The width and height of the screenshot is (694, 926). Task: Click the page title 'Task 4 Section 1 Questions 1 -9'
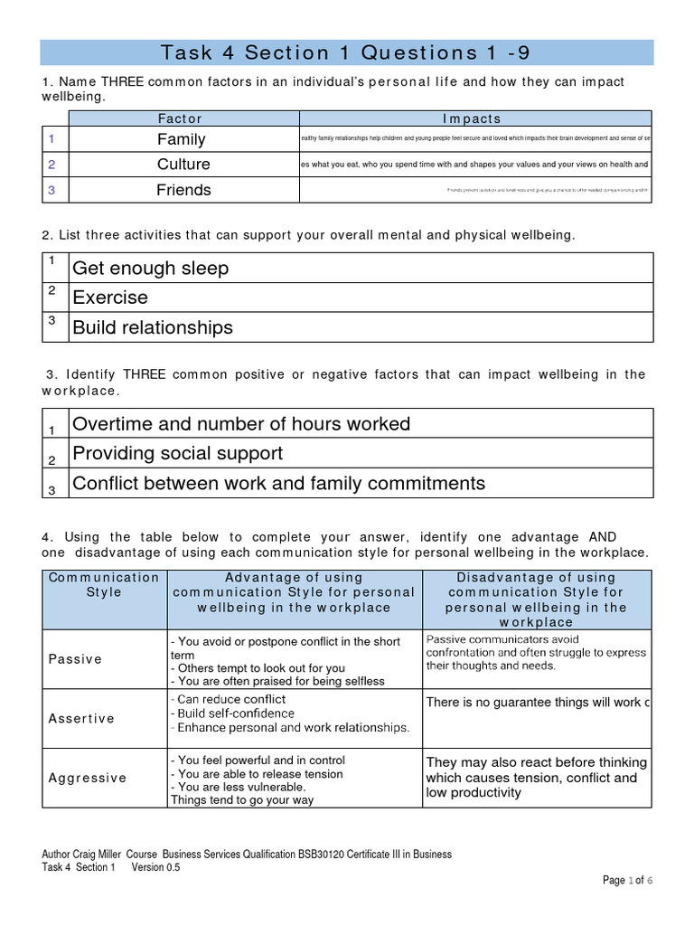pos(345,52)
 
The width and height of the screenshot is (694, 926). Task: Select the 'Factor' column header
pos(180,118)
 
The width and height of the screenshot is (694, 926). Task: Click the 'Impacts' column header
pos(472,118)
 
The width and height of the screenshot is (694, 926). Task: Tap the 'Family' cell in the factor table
pos(181,139)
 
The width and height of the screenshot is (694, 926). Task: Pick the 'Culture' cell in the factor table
pos(183,165)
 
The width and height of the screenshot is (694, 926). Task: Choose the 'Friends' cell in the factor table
pos(183,190)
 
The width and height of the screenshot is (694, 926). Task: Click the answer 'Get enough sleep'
pos(150,269)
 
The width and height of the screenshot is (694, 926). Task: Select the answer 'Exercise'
pos(109,298)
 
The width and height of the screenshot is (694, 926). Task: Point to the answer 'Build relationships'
pos(152,327)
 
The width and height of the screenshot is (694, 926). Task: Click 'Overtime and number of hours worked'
pos(240,424)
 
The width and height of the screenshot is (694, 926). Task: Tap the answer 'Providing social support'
pos(177,453)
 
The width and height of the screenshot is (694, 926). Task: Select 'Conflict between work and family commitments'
pos(278,484)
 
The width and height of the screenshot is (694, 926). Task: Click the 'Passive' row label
pos(75,659)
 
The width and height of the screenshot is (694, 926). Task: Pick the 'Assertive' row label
pos(81,719)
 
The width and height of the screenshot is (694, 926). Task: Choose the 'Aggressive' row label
pos(87,778)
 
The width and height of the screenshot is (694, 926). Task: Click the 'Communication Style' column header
pos(103,585)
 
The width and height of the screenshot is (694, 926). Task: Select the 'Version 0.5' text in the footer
pos(156,868)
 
